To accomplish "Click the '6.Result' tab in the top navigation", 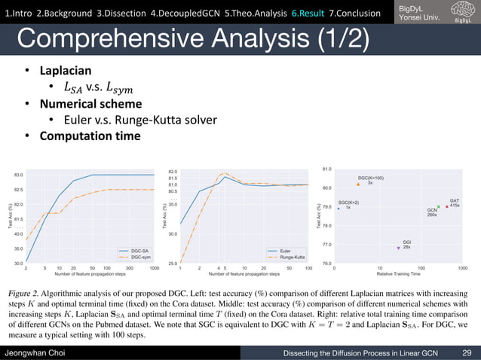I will click(x=308, y=12).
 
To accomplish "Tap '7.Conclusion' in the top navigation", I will click(x=359, y=12).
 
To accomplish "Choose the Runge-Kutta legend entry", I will click(x=290, y=257).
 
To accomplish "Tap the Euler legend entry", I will click(x=284, y=251).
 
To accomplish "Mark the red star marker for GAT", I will click(x=447, y=206).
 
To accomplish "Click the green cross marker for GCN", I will click(x=438, y=206).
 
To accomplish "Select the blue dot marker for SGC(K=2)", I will click(x=339, y=208).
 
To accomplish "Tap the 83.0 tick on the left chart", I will click(x=17, y=175).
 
